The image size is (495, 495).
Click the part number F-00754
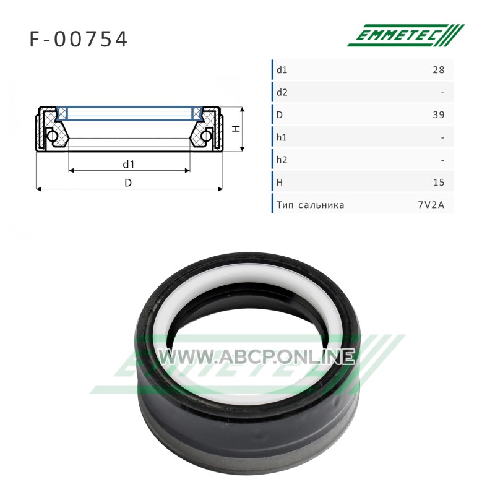pyautogui.click(x=79, y=39)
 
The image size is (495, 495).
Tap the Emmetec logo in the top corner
pyautogui.click(x=406, y=35)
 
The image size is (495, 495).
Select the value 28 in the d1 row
pyautogui.click(x=439, y=69)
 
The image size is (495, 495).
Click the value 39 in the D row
pyautogui.click(x=439, y=114)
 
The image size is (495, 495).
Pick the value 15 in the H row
pyautogui.click(x=439, y=182)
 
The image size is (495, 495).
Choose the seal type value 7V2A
pyautogui.click(x=431, y=205)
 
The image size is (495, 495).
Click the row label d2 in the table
pyautogui.click(x=282, y=92)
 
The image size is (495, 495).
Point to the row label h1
pyautogui.click(x=282, y=137)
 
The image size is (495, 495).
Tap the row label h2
pyautogui.click(x=282, y=160)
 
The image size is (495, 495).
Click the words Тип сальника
pyautogui.click(x=311, y=205)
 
